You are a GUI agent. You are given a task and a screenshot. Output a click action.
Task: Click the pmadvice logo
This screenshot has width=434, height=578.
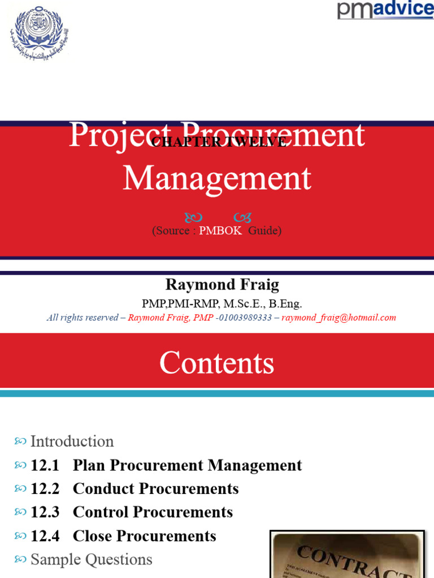pyautogui.click(x=385, y=10)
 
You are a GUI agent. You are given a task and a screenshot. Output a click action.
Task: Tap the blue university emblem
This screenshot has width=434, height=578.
pyautogui.click(x=38, y=33)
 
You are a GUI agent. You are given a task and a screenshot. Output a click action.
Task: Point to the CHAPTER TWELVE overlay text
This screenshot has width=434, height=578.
pyautogui.click(x=218, y=142)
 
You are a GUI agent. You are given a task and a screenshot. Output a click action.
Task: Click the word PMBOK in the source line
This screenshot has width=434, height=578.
pyautogui.click(x=220, y=231)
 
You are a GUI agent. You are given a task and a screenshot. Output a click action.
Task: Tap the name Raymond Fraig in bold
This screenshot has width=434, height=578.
pyautogui.click(x=222, y=284)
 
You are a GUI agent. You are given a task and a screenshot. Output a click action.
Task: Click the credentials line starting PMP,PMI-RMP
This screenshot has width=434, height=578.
pyautogui.click(x=222, y=304)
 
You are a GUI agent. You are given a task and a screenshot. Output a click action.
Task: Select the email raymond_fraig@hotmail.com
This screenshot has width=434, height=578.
pyautogui.click(x=338, y=318)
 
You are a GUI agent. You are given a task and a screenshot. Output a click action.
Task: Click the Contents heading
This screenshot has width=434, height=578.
pyautogui.click(x=216, y=363)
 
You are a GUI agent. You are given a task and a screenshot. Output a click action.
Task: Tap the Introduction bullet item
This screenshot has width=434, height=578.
pyautogui.click(x=72, y=441)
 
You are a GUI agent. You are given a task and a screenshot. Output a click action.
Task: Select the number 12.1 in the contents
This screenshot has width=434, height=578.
pyautogui.click(x=45, y=466)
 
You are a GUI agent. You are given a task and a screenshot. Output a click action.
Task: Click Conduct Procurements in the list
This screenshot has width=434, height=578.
pyautogui.click(x=155, y=489)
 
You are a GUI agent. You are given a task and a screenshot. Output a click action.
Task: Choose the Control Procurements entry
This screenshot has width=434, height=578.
pyautogui.click(x=153, y=513)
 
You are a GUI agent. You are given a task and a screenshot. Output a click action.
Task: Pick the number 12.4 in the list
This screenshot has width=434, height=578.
pyautogui.click(x=45, y=536)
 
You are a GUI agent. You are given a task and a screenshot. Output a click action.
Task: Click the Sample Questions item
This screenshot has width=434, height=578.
pyautogui.click(x=91, y=560)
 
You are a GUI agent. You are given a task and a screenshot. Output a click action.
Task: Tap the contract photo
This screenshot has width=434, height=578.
pyautogui.click(x=348, y=555)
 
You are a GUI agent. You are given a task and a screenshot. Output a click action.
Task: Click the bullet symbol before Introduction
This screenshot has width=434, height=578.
pyautogui.click(x=20, y=441)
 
